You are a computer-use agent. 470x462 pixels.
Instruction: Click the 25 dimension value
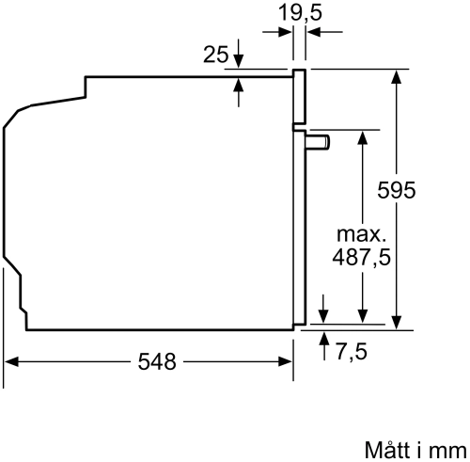pyautogui.click(x=216, y=55)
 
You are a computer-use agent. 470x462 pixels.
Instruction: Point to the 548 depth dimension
pyautogui.click(x=157, y=361)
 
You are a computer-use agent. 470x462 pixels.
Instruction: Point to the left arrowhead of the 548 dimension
pyautogui.click(x=11, y=361)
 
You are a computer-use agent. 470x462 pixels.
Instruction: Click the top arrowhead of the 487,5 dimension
pyautogui.click(x=361, y=135)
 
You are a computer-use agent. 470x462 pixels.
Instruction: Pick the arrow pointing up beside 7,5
pyautogui.click(x=324, y=339)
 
